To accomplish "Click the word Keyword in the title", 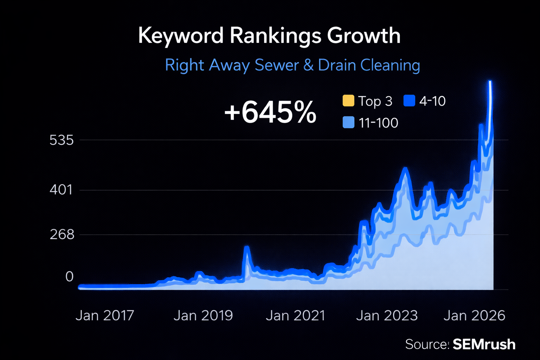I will click(x=181, y=36).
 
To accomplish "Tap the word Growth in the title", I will click(x=364, y=36).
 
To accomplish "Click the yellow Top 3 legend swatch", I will click(x=348, y=101).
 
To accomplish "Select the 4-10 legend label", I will click(x=432, y=101).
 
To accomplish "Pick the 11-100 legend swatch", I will click(x=348, y=123).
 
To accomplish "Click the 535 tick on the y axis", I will click(x=62, y=140).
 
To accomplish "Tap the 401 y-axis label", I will click(x=61, y=190).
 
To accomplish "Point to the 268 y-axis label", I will click(x=62, y=234).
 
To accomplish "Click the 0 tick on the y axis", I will click(x=69, y=277).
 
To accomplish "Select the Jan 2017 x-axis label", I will click(x=105, y=316).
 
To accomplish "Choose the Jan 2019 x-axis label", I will click(x=203, y=316).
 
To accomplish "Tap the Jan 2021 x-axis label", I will click(x=295, y=316).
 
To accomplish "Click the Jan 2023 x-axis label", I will click(x=387, y=316).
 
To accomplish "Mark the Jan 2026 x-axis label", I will click(x=474, y=316).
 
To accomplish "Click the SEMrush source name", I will click(x=484, y=345).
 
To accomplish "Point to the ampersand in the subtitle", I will click(x=308, y=65).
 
